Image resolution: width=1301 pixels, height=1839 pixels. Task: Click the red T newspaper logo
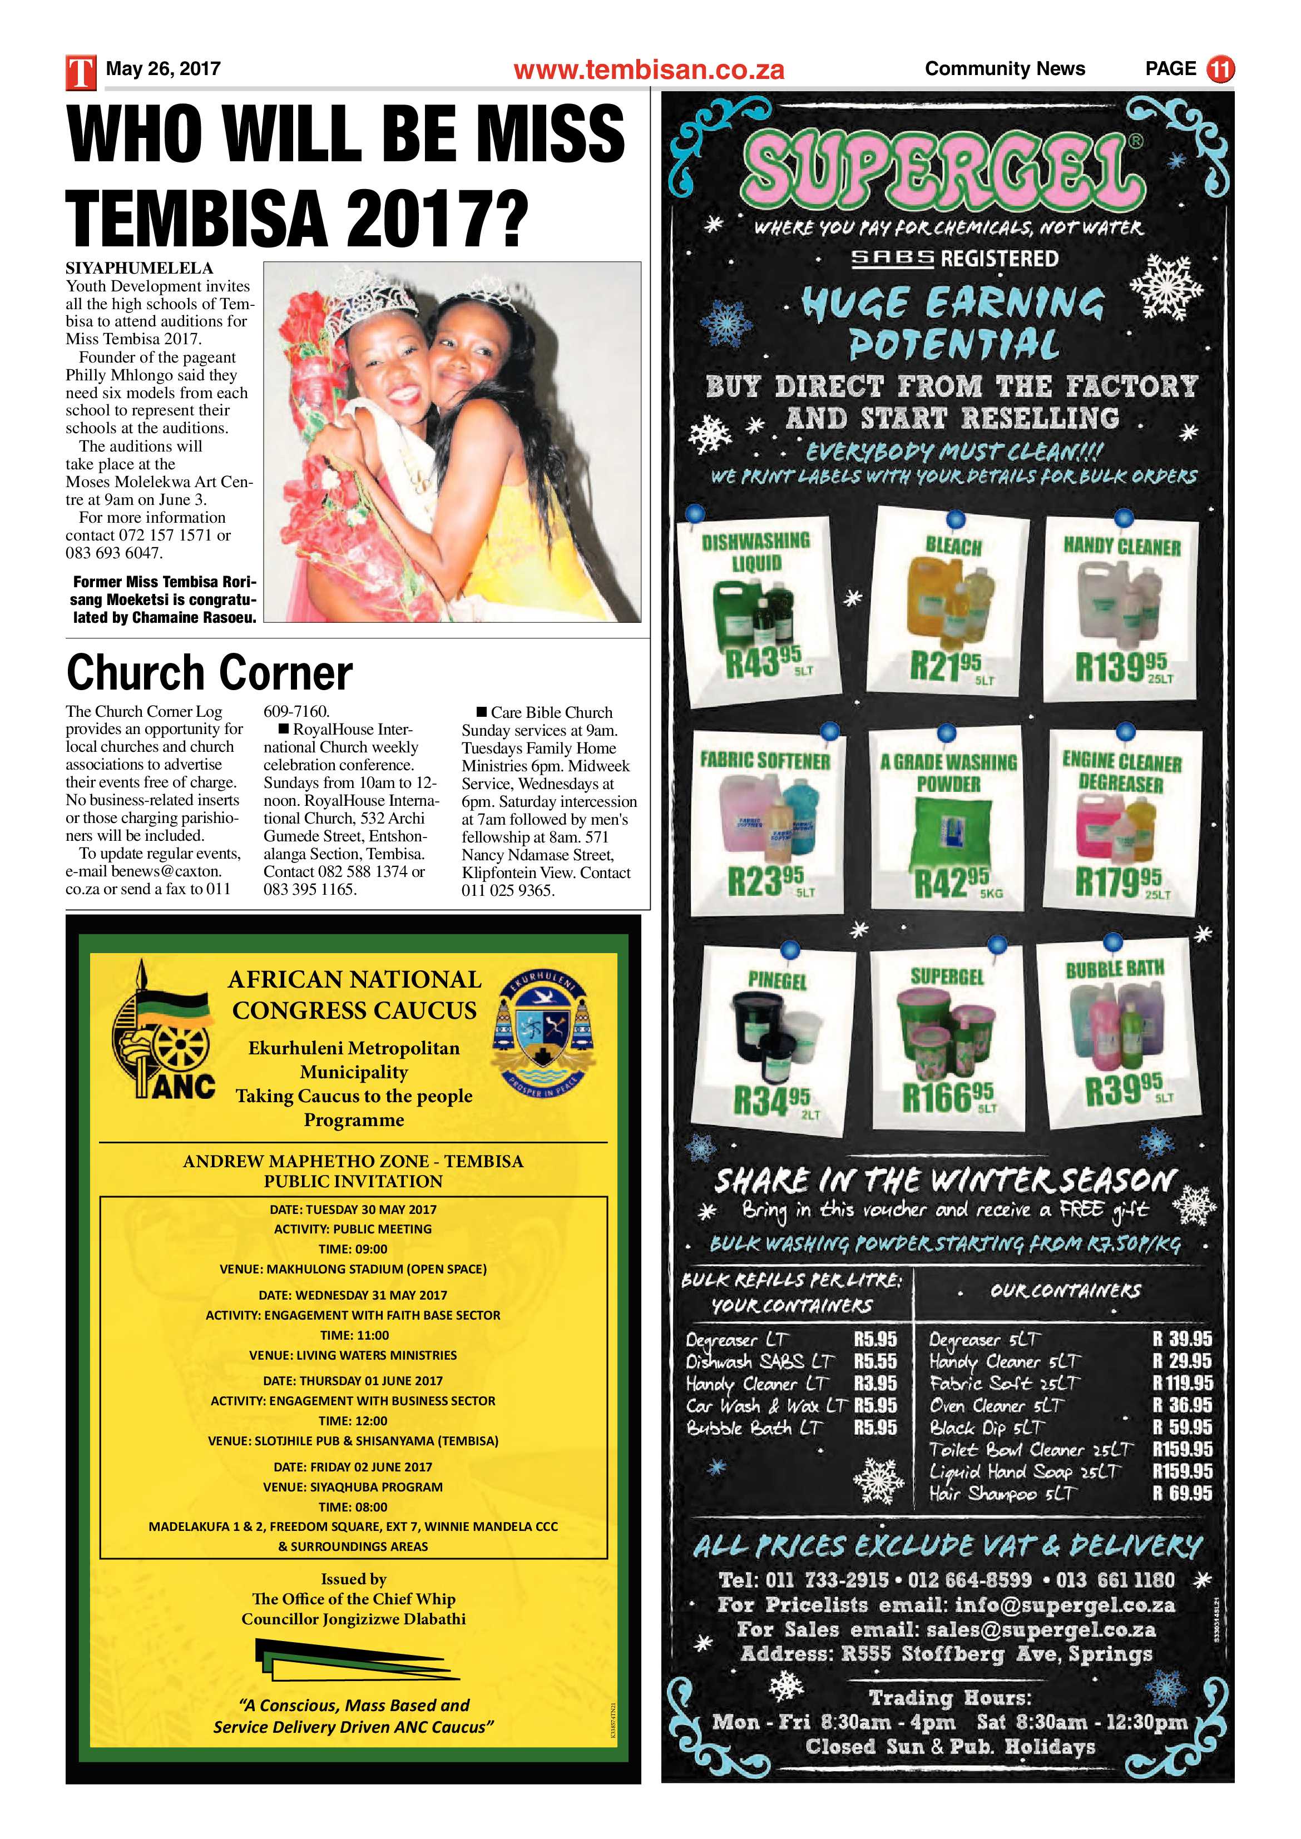80,71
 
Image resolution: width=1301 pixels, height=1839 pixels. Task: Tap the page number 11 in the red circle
1220,69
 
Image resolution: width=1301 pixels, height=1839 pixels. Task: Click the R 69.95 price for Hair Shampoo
1181,1494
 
